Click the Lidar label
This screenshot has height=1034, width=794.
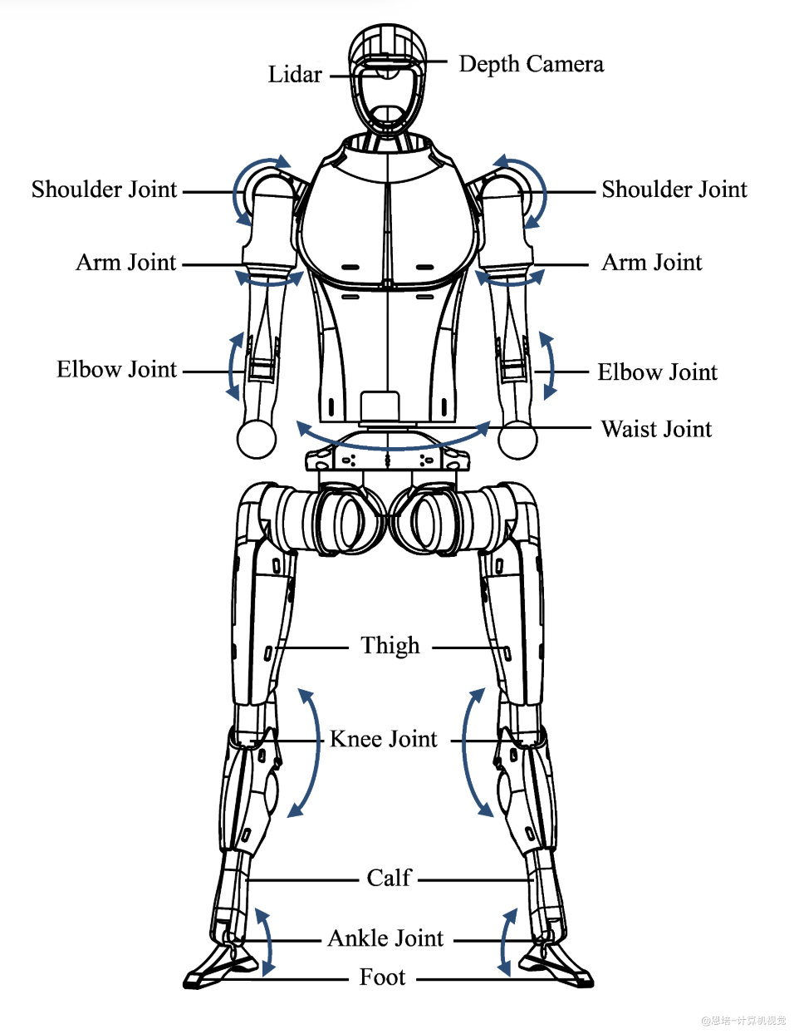point(295,74)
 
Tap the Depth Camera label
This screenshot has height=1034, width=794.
point(531,64)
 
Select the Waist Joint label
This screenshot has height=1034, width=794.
point(656,429)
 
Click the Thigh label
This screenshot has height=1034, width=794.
point(390,646)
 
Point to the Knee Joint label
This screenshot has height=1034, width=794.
point(383,739)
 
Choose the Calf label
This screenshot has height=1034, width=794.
point(389,878)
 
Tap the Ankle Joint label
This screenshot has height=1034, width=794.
point(385,938)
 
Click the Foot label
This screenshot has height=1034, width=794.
point(382,977)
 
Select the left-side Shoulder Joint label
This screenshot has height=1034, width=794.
point(104,190)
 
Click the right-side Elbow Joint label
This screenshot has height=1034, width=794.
point(657,372)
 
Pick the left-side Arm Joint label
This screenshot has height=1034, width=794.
point(126,262)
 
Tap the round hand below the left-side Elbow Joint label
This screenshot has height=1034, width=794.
point(257,439)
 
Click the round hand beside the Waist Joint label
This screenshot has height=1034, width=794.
point(517,439)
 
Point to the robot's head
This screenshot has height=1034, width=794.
point(388,81)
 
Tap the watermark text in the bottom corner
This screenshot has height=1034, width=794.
point(743,1020)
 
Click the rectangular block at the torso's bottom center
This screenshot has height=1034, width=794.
point(380,406)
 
